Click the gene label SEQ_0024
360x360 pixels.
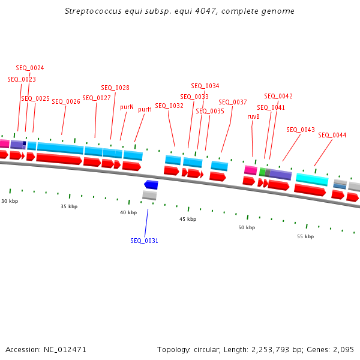click(30, 68)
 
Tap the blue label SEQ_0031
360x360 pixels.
click(145, 241)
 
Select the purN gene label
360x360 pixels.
click(127, 107)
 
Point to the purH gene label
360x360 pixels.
click(145, 110)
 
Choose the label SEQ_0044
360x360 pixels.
click(332, 135)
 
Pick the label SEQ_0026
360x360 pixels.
click(66, 101)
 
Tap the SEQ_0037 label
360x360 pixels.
click(233, 102)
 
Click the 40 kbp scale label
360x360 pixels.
click(128, 212)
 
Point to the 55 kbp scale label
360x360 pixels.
click(305, 236)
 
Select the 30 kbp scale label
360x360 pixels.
click(10, 201)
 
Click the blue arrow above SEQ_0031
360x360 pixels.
click(151, 185)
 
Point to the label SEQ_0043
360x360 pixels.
click(301, 130)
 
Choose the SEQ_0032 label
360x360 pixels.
click(169, 106)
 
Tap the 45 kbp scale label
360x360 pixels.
click(188, 219)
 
